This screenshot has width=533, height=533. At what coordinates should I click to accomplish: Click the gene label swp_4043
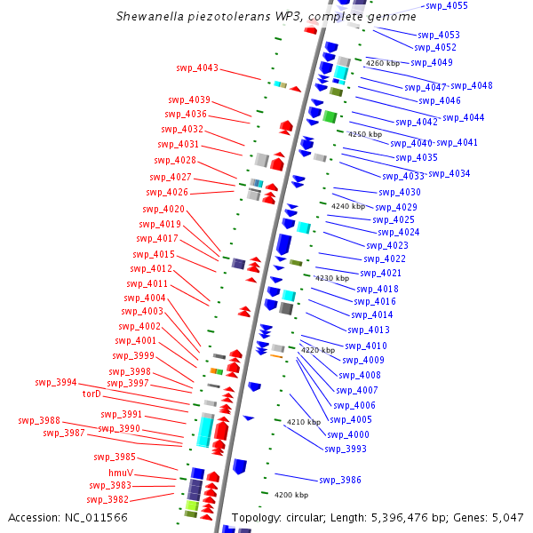(197, 68)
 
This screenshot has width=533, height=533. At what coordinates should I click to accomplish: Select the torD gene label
(91, 394)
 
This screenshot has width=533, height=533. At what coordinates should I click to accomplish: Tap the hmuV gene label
(121, 473)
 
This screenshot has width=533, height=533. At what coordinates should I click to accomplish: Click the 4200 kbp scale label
(291, 495)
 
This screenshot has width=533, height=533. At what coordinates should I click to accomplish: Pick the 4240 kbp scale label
(348, 206)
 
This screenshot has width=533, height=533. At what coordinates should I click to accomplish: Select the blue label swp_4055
(447, 6)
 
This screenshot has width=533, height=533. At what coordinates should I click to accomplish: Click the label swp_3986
(340, 480)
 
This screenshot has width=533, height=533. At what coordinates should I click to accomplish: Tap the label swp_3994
(56, 382)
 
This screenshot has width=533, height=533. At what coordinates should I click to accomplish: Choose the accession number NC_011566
(96, 518)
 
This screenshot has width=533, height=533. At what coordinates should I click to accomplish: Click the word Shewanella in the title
(150, 16)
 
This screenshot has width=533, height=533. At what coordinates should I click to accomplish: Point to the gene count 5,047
(508, 518)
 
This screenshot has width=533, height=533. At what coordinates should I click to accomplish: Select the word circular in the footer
(306, 518)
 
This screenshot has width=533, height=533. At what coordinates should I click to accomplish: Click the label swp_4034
(449, 174)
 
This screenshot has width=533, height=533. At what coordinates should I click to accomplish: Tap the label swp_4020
(163, 209)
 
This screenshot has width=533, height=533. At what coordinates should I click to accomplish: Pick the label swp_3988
(39, 420)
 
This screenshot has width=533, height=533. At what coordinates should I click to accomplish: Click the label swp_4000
(348, 434)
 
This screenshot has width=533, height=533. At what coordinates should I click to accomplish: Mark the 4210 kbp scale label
(304, 422)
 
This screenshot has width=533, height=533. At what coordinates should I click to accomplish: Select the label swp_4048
(472, 85)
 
